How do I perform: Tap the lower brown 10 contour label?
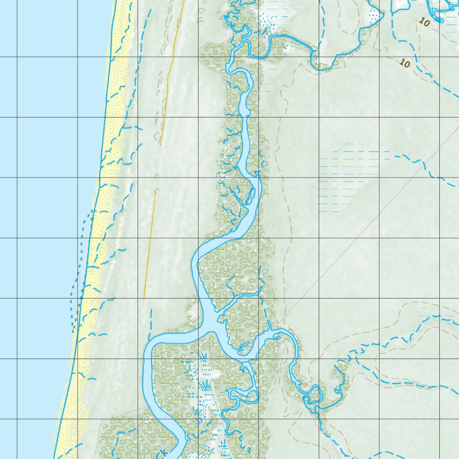coord(404,64)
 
